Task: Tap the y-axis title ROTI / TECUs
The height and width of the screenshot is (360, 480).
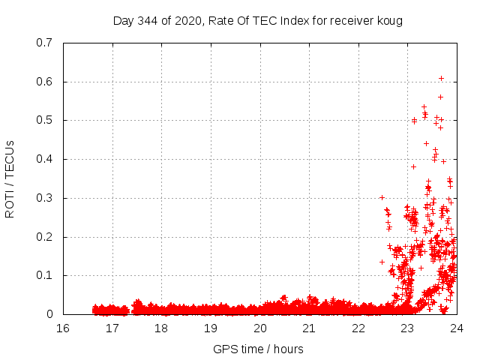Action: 10,178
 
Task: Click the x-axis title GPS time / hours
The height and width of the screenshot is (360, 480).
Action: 258,349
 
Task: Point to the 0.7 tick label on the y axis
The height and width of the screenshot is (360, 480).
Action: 44,43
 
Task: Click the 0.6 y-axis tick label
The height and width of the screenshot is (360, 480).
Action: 44,82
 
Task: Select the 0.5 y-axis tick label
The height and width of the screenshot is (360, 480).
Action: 44,120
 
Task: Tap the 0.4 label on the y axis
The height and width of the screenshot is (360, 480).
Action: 44,159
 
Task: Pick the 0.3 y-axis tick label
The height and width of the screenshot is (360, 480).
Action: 44,198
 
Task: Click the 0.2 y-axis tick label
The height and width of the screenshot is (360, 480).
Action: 44,237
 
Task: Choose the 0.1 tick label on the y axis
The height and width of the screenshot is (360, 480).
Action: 44,275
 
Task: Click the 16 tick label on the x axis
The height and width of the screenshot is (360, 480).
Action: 63,328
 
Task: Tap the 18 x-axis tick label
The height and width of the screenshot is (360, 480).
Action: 161,328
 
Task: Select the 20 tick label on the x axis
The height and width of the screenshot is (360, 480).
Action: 259,328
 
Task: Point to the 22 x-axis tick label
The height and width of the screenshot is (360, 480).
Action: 358,328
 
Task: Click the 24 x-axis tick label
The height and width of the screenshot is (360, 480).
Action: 456,328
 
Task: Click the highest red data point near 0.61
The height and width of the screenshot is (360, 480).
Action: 442,78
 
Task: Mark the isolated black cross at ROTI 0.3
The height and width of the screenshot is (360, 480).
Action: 382,197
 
